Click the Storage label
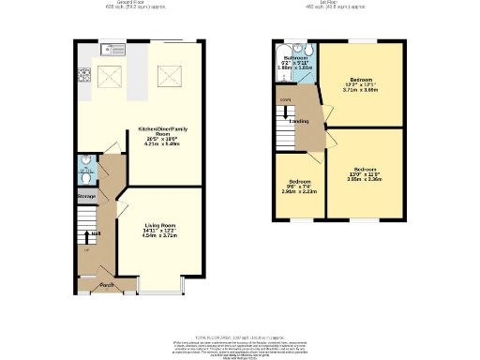[x=86, y=196]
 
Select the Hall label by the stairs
[x=97, y=233]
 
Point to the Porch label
[x=107, y=284]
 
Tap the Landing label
[x=299, y=121]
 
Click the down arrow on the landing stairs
[x=284, y=99]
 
